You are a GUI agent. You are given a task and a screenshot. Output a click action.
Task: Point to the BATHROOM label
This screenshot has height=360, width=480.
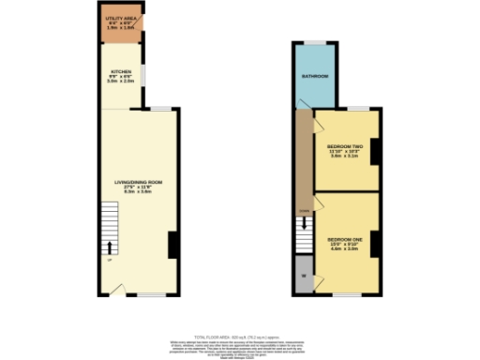[314, 76]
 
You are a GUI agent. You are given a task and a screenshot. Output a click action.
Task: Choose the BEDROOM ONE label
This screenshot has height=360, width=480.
[343, 241]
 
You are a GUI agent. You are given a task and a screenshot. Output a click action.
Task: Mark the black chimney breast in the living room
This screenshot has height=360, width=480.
[172, 245]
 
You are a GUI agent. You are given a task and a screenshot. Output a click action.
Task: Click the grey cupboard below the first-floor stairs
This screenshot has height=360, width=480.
[304, 278]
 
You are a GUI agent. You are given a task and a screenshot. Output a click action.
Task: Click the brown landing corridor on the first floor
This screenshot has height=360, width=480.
[304, 159]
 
